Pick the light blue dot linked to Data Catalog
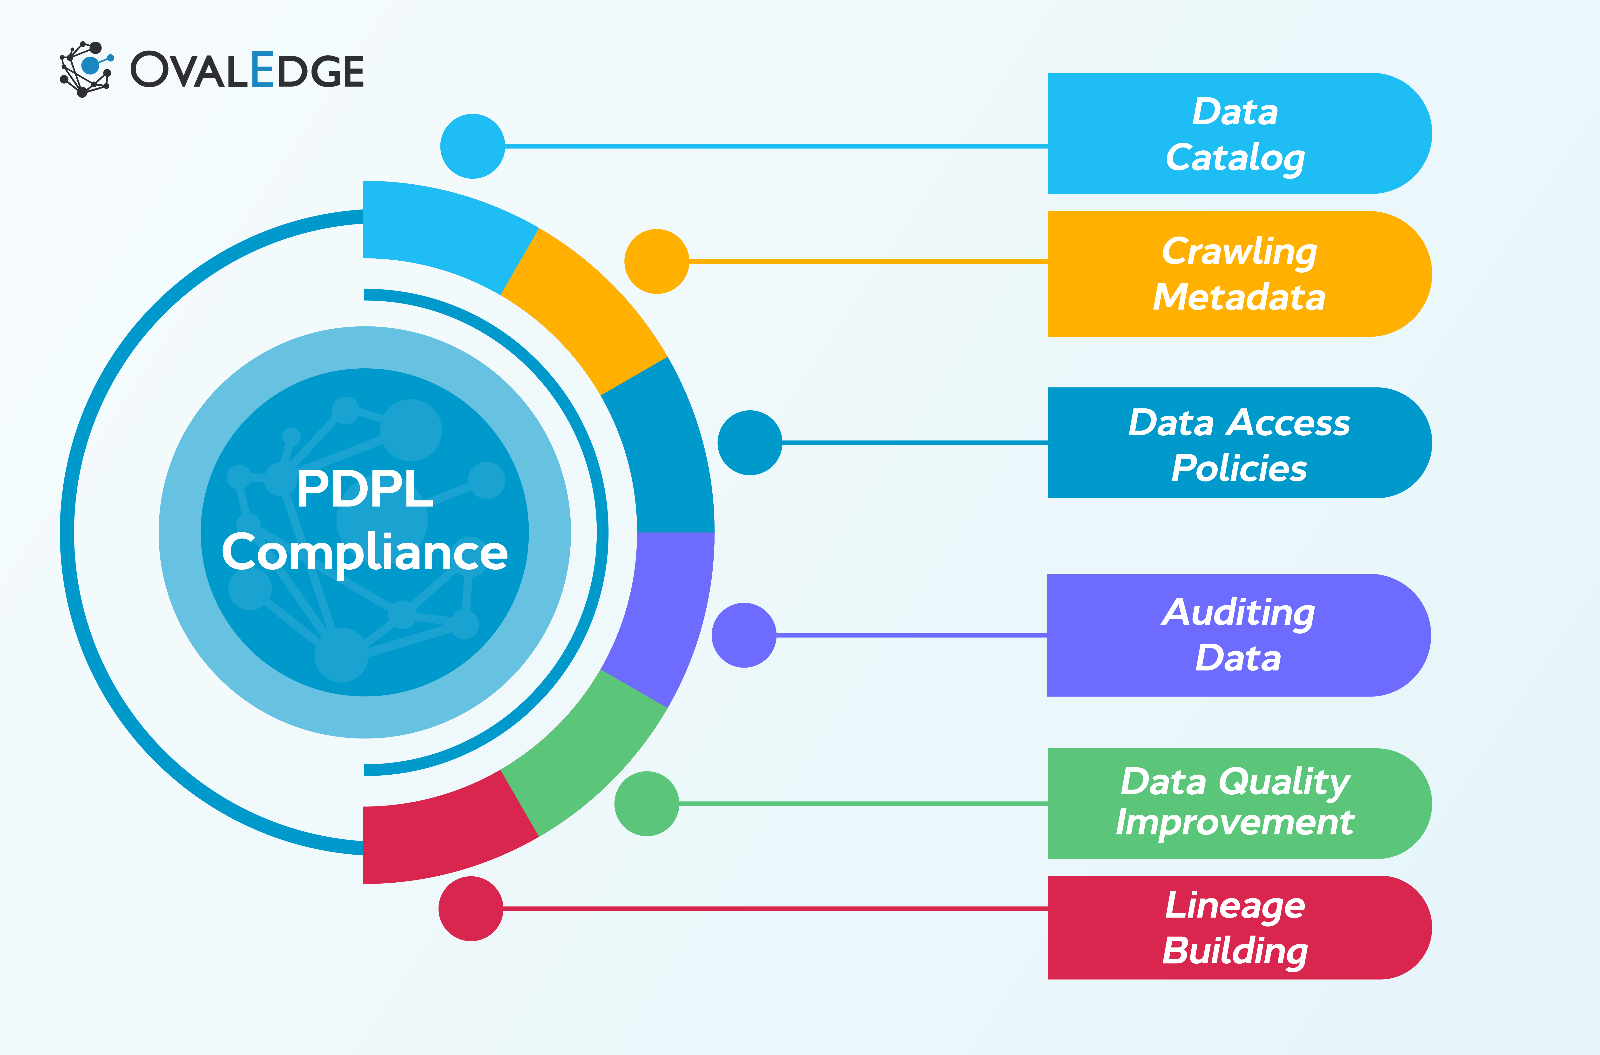(472, 146)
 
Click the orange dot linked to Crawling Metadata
(657, 261)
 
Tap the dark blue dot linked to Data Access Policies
(749, 443)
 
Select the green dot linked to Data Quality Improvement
(647, 803)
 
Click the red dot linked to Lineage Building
(471, 908)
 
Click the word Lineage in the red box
(1235, 906)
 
